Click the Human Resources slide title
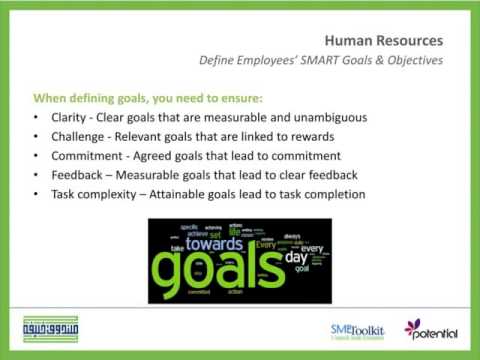tap(383, 40)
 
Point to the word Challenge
tap(79, 137)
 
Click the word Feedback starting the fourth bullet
tap(78, 175)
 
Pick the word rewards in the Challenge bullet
tap(302, 137)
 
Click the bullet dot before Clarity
tap(37, 119)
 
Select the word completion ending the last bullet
tap(334, 194)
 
